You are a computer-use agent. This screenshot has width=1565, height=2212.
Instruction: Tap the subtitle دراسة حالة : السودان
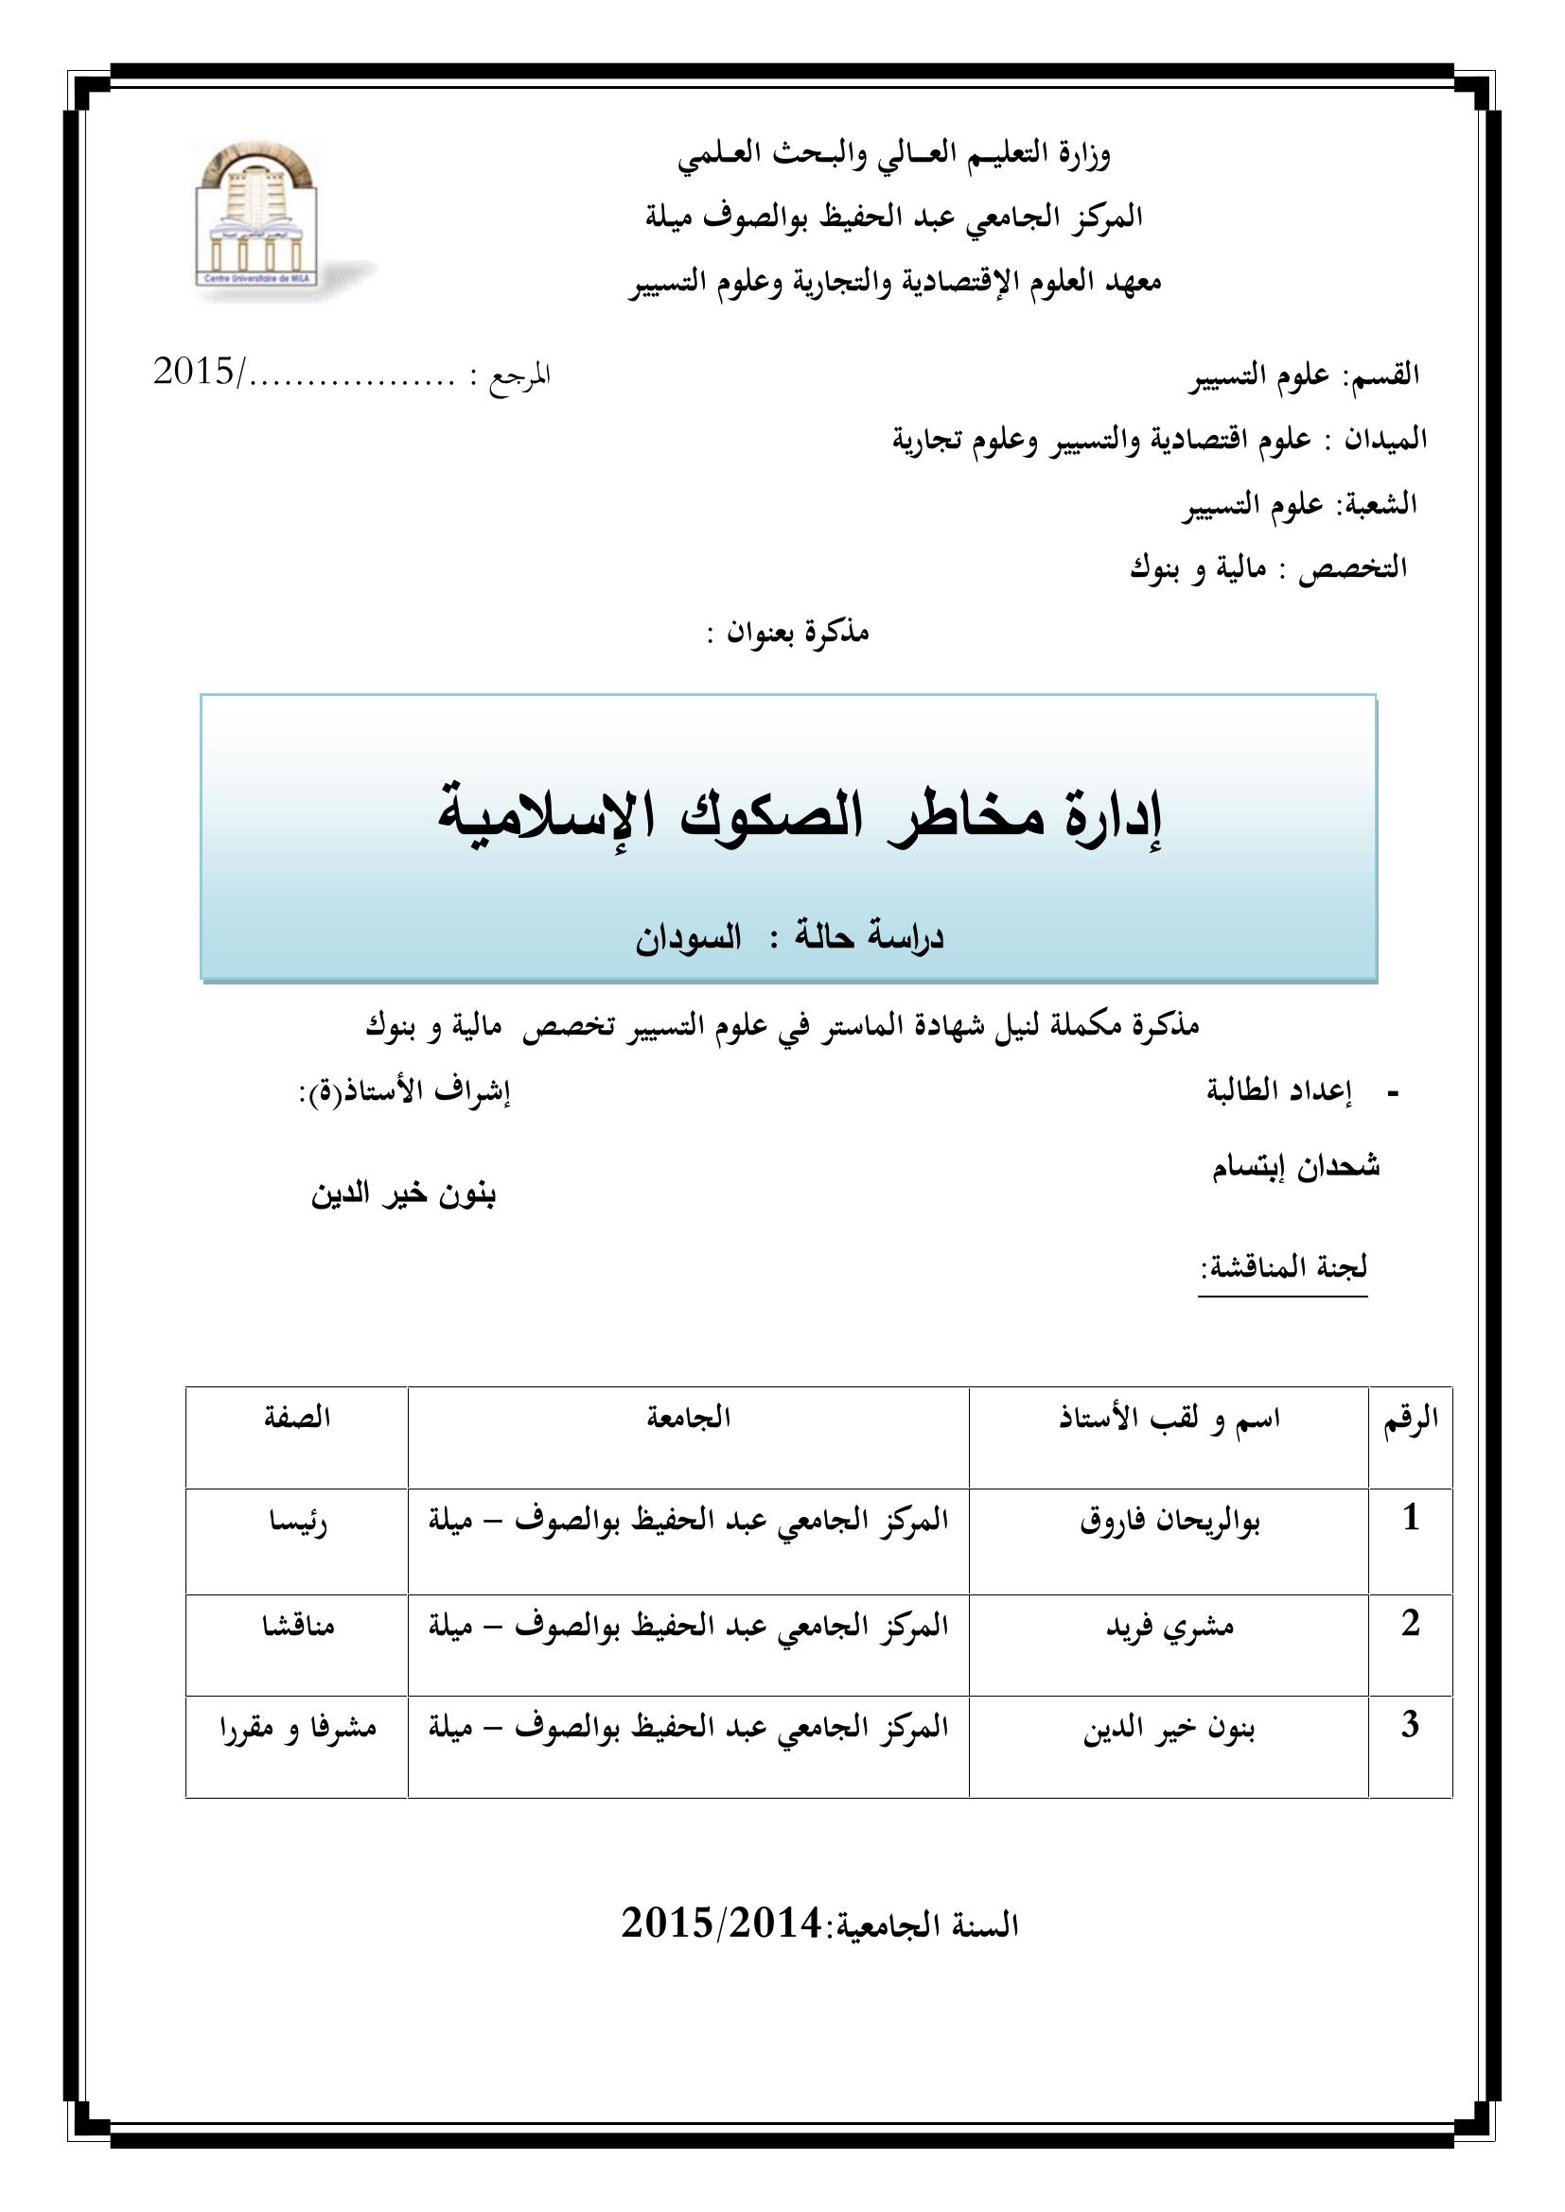pyautogui.click(x=788, y=939)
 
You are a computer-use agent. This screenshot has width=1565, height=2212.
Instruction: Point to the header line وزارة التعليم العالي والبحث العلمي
pyautogui.click(x=893, y=155)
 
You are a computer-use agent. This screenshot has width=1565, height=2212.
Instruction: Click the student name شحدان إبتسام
pyautogui.click(x=1295, y=1168)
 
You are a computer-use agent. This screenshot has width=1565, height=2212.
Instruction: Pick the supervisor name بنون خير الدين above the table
pyautogui.click(x=403, y=1194)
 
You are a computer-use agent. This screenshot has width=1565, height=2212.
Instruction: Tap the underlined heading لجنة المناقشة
pyautogui.click(x=1283, y=1267)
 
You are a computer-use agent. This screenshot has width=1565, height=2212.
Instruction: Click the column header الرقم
pyautogui.click(x=1410, y=1420)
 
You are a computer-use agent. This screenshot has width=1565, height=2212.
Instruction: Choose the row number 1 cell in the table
pyautogui.click(x=1411, y=1520)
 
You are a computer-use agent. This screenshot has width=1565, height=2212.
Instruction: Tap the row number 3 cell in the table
pyautogui.click(x=1410, y=1726)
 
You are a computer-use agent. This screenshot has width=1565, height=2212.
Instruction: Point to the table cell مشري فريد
pyautogui.click(x=1169, y=1628)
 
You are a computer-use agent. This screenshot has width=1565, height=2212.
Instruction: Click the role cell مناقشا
pyautogui.click(x=297, y=1628)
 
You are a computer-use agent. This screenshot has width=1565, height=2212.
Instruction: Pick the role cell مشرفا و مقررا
pyautogui.click(x=297, y=1730)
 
